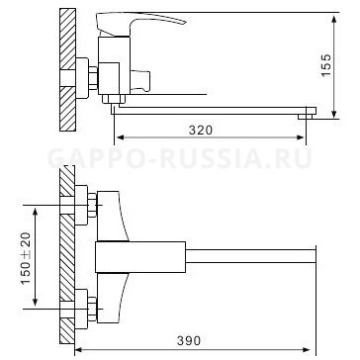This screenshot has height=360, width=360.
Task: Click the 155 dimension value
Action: (x=326, y=65)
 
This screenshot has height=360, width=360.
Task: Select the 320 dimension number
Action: (x=201, y=131)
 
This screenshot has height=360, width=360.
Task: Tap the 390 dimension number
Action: (x=189, y=340)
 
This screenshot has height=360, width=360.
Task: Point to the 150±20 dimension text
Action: (x=26, y=258)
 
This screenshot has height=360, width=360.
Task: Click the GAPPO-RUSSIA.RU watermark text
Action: (x=180, y=158)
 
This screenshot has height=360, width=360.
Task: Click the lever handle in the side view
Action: (x=140, y=24)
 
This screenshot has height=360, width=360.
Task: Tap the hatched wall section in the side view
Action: (x=68, y=70)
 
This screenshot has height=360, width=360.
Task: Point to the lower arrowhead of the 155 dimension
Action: (x=334, y=114)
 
